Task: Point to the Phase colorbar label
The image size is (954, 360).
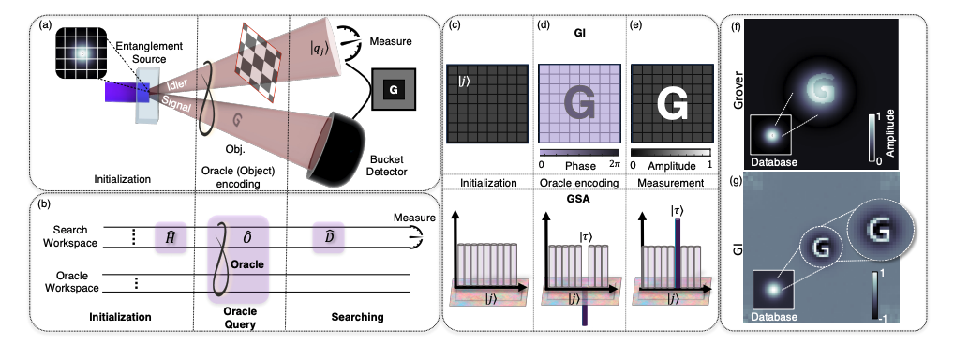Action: point(578,166)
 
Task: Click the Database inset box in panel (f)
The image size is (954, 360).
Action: point(772,137)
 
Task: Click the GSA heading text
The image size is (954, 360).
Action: point(578,200)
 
